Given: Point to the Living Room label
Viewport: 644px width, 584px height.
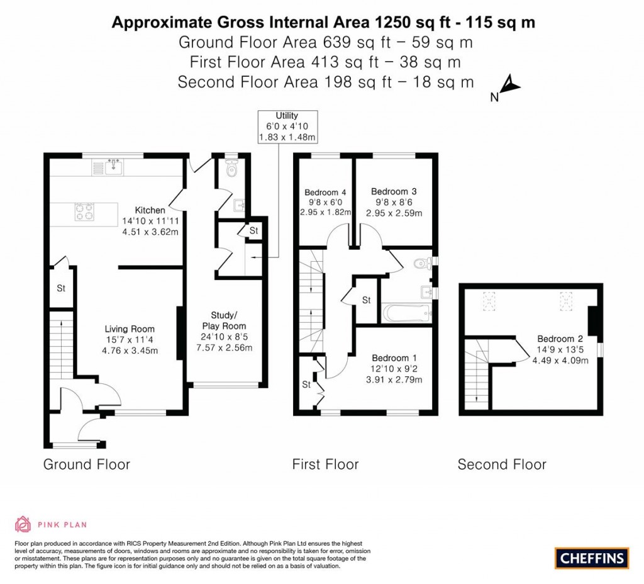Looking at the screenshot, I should click(130, 328).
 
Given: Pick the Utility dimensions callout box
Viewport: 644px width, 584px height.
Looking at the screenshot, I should click(287, 126).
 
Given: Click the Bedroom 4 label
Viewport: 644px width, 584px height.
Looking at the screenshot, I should click(325, 193).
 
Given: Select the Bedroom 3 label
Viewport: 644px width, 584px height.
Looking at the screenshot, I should click(394, 191).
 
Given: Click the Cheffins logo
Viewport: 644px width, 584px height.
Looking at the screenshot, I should click(592, 558).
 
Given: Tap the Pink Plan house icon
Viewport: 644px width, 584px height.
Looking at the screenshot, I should click(23, 524).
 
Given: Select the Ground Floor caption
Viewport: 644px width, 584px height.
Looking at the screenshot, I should click(86, 465).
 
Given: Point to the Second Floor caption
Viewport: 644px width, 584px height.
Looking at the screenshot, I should click(502, 465).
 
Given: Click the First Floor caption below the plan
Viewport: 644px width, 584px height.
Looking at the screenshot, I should click(325, 465).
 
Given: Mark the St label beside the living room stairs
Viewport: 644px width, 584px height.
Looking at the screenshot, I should click(62, 289).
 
